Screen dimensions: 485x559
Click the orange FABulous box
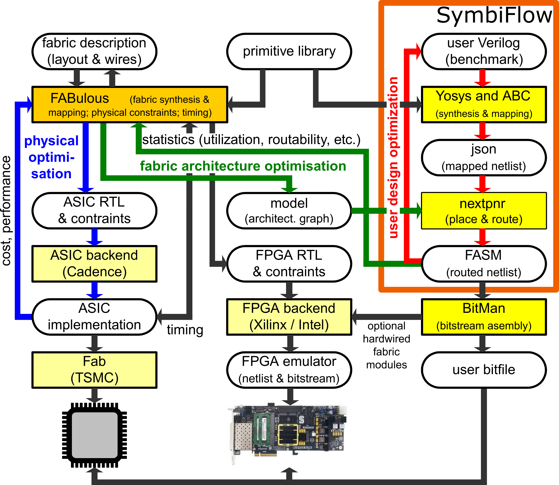click(x=130, y=105)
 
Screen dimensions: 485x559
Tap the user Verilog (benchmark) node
click(x=484, y=51)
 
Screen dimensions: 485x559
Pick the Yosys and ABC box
click(x=484, y=105)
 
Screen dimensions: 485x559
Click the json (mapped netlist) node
click(x=484, y=158)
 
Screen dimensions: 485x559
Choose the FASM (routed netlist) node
click(x=484, y=264)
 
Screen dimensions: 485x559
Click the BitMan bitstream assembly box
click(x=484, y=317)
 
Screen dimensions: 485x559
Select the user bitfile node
click(x=484, y=370)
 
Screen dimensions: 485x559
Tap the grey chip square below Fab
click(x=94, y=435)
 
